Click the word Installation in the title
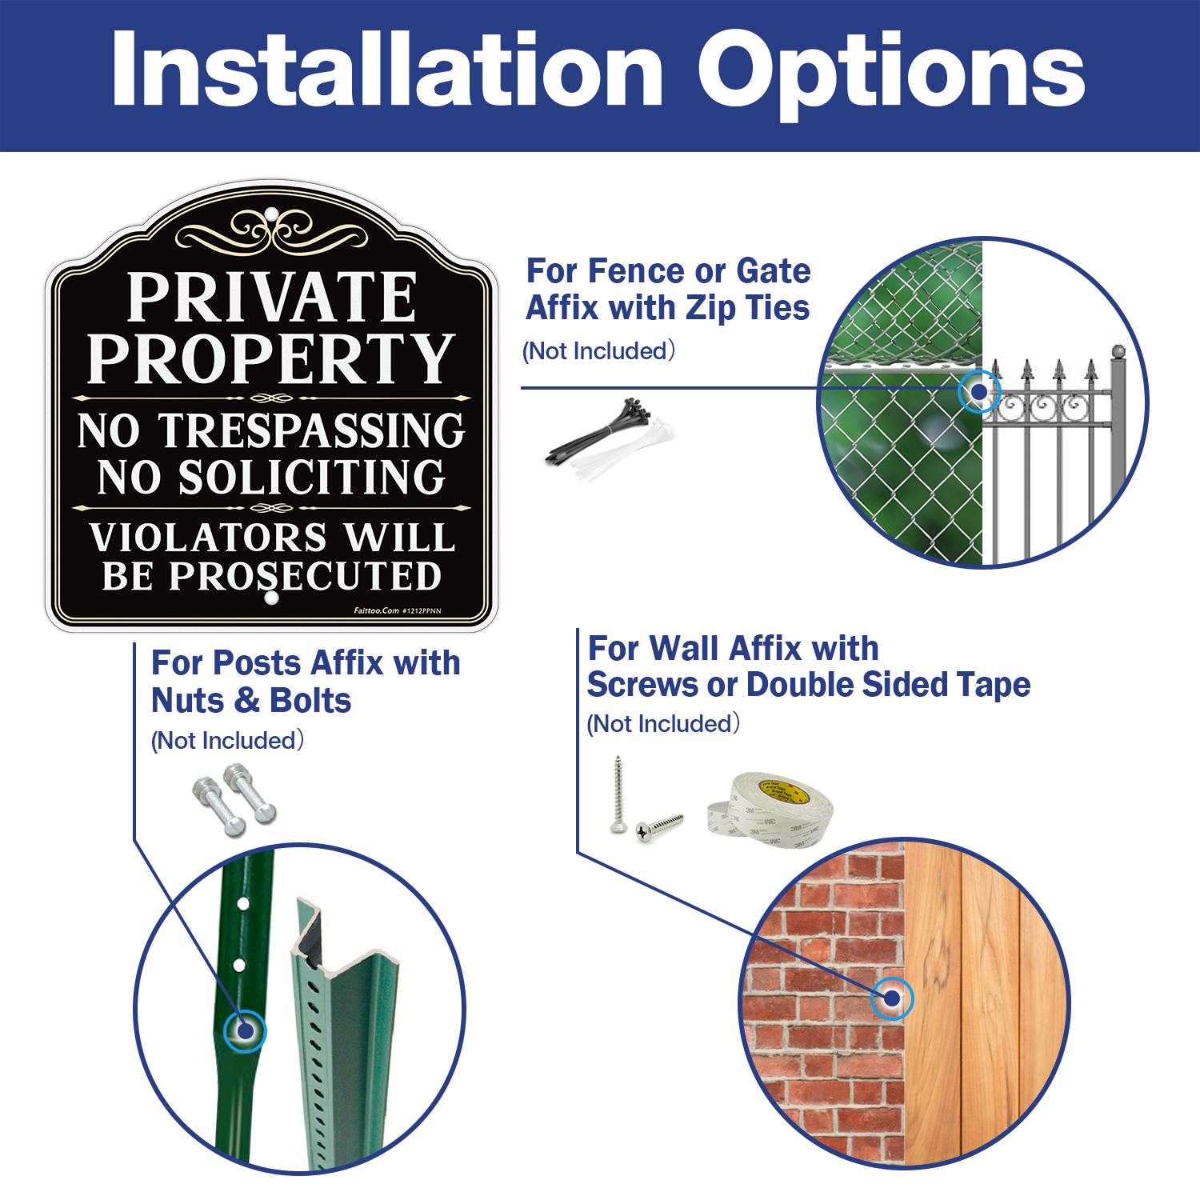tap(388, 70)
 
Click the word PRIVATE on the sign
tap(272, 298)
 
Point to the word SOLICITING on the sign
tap(311, 478)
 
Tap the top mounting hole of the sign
tap(271, 214)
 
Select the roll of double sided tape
tap(770, 810)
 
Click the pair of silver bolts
tap(234, 800)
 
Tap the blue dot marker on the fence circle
tap(978, 392)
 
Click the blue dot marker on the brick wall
tap(891, 998)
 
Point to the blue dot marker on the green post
tap(245, 1030)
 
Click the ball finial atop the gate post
tap(1118, 350)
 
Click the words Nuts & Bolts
tap(251, 701)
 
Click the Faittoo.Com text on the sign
tap(376, 610)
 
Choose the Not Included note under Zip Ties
tap(598, 350)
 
